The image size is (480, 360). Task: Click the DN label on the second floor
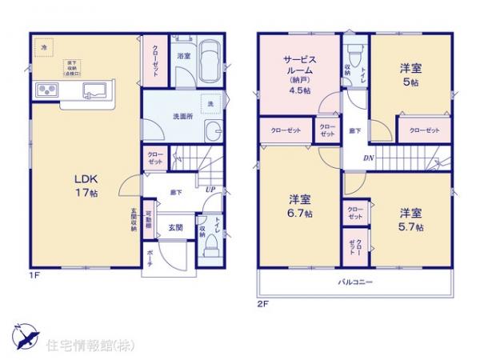(x=368, y=158)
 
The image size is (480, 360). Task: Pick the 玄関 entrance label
(x=175, y=228)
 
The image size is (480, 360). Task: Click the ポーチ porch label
(x=150, y=261)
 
